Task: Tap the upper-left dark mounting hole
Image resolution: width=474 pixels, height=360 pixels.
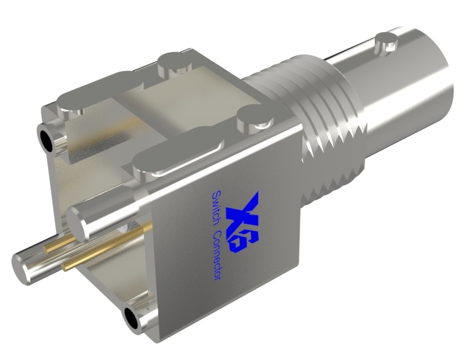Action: [47, 137]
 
